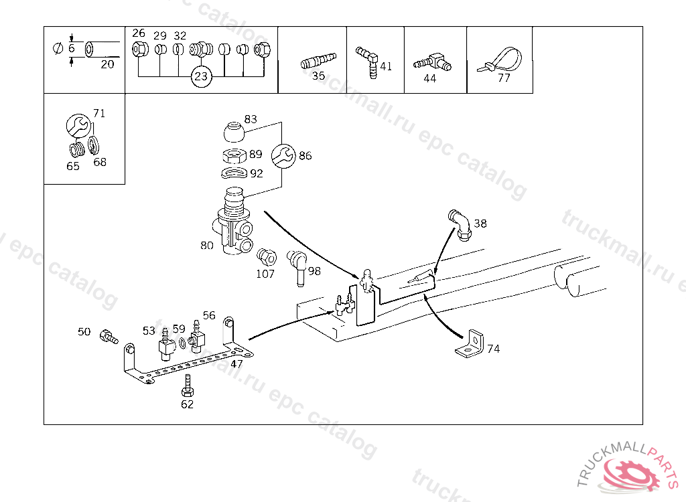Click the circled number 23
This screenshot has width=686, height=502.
[201, 77]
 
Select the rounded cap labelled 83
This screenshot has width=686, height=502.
[233, 131]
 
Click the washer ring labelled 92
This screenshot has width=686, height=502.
[232, 174]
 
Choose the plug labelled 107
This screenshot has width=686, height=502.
[265, 256]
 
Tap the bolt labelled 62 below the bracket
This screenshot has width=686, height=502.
[188, 386]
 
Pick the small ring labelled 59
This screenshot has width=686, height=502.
[182, 345]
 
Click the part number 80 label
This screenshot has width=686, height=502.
[206, 246]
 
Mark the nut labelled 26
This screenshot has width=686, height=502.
[139, 49]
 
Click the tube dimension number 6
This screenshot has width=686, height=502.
[71, 48]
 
